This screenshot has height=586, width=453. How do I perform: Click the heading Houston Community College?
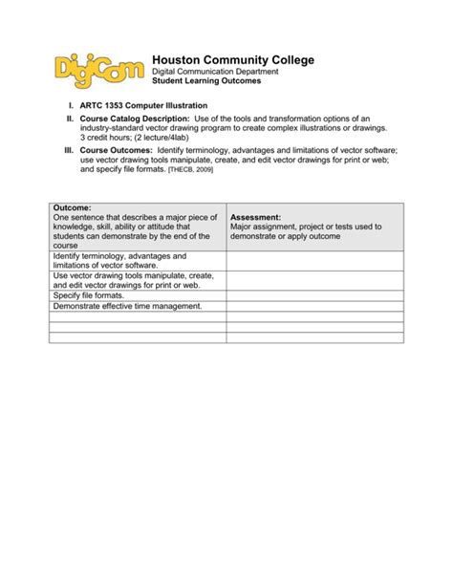pyautogui.click(x=233, y=60)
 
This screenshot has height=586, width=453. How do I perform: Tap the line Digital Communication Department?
pyautogui.click(x=216, y=72)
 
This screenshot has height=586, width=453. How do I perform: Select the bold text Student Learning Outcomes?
pyautogui.click(x=206, y=81)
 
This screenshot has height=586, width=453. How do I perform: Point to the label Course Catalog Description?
pyautogui.click(x=135, y=117)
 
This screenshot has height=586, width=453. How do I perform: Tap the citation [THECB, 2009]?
pyautogui.click(x=192, y=169)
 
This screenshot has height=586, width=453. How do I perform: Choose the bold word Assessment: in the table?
pyautogui.click(x=255, y=217)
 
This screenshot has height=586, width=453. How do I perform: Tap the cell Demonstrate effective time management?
pyautogui.click(x=127, y=306)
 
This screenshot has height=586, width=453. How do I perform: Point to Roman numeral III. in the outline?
pyautogui.click(x=68, y=151)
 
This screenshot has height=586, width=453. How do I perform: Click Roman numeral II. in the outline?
pyautogui.click(x=70, y=117)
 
